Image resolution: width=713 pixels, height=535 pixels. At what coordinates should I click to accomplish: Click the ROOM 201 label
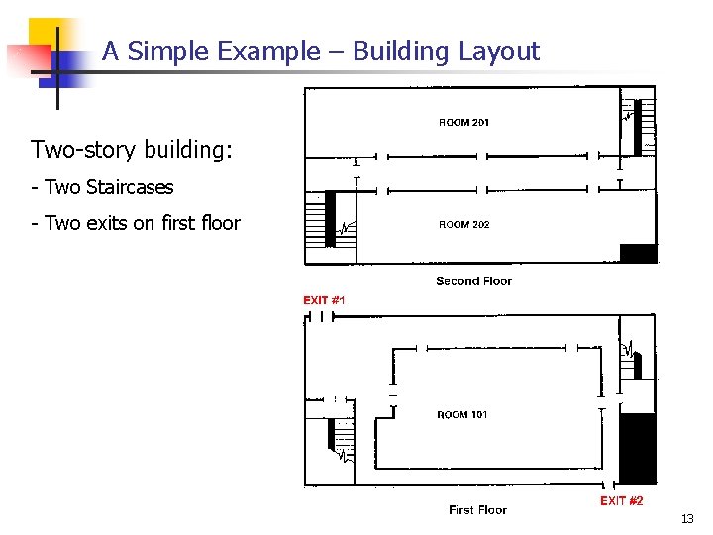tap(463, 122)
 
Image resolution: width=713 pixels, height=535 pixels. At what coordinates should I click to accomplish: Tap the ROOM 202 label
tap(463, 224)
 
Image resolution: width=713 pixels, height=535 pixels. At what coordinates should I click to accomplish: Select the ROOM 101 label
tap(462, 414)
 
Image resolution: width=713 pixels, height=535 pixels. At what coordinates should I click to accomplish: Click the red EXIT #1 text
tap(324, 300)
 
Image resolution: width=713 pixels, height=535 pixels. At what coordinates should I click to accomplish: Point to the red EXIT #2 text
tap(621, 501)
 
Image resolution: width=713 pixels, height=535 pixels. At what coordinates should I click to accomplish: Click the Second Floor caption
tap(473, 281)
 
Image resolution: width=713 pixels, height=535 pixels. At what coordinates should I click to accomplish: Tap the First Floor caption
tap(478, 510)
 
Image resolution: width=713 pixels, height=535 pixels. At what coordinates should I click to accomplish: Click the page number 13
tap(687, 518)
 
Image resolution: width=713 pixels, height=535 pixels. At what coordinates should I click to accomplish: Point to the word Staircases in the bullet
tap(130, 187)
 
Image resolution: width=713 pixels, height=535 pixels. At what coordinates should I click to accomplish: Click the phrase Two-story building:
tap(132, 150)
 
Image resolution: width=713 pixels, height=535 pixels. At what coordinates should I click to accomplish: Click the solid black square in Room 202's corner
tap(638, 253)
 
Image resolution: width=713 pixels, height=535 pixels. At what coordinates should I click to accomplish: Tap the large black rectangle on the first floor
tap(638, 449)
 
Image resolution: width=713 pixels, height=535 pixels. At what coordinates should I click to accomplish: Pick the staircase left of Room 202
tap(330, 219)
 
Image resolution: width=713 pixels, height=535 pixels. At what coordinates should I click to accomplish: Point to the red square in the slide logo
tap(28, 59)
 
